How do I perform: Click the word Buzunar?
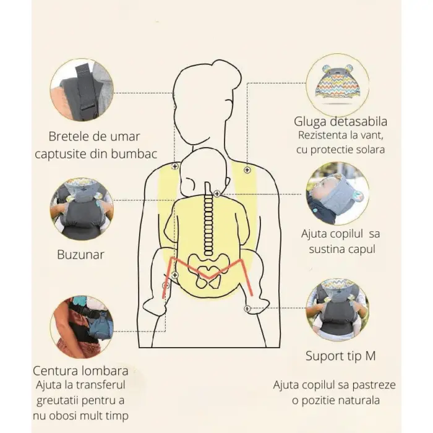coord(80,255)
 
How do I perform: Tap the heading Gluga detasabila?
coord(340,122)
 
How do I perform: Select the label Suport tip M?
coord(340,356)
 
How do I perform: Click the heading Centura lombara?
coord(80,371)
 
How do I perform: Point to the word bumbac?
coord(134,154)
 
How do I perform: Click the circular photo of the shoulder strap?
coord(82,90)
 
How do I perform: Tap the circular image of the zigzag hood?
coord(338,85)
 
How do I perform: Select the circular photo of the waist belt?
coord(82,327)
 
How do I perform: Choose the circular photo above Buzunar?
coord(82,209)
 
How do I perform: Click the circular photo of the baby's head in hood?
coord(338,193)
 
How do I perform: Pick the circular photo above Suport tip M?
coord(338,309)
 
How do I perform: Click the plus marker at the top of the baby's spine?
coord(217,194)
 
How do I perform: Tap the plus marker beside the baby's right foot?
coord(247,309)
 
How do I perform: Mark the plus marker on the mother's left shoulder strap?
coord(175,166)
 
